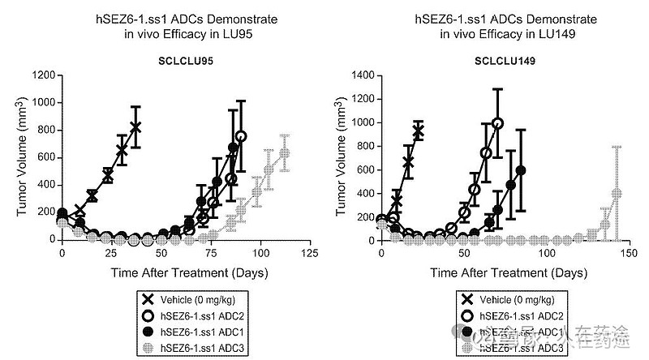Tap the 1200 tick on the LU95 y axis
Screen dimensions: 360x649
(x=44, y=75)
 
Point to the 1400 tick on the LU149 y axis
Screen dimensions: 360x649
(x=362, y=75)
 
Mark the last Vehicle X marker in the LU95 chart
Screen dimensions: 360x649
(x=135, y=127)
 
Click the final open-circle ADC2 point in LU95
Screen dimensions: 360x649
(x=241, y=136)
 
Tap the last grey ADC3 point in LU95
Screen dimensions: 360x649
(x=284, y=153)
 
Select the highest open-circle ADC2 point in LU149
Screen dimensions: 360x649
(x=497, y=124)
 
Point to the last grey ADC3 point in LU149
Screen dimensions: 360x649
(x=616, y=194)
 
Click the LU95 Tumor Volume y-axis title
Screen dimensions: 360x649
(x=23, y=158)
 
